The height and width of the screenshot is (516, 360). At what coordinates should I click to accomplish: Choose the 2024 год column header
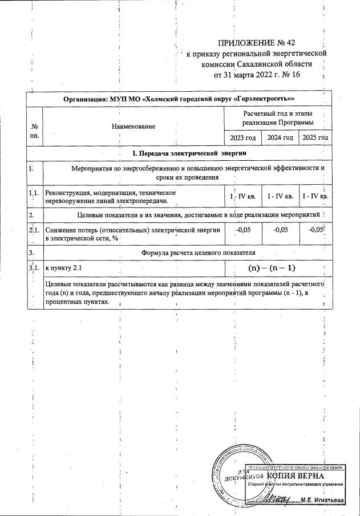click(280, 138)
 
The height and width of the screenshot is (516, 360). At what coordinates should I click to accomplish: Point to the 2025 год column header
click(315, 138)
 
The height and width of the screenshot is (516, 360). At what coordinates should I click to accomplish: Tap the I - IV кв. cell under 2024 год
click(280, 197)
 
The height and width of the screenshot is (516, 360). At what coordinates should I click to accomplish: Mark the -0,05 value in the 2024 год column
click(280, 230)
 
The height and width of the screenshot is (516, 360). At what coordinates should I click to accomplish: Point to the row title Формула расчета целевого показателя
click(198, 251)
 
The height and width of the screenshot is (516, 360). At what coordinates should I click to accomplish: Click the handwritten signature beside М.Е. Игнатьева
click(282, 497)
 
